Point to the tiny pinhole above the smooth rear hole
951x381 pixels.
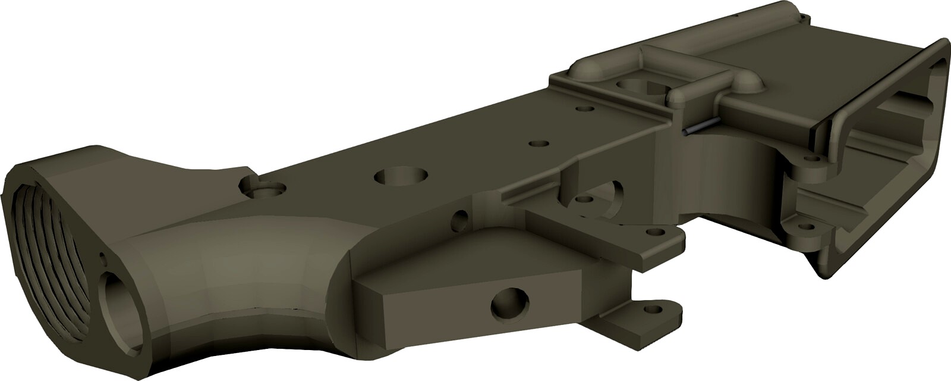[102, 258]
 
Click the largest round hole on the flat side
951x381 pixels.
[402, 175]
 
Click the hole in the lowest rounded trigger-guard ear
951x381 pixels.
[656, 309]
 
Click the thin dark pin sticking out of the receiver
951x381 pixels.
[701, 127]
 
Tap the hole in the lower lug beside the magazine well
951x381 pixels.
[807, 226]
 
